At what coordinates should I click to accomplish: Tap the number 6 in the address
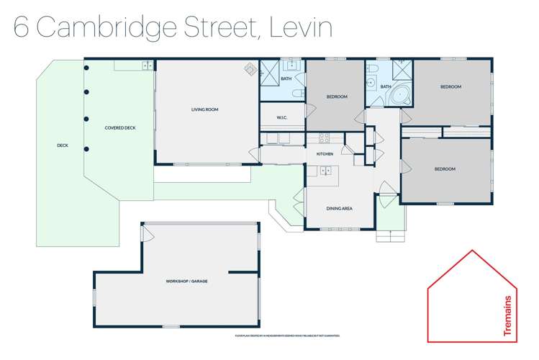pos(23,29)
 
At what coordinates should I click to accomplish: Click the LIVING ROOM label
pos(204,110)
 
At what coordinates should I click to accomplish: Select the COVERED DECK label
pos(120,128)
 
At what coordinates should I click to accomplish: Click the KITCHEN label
pos(324,155)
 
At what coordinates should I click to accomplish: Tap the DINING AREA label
pos(339,209)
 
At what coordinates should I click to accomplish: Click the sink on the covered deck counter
pos(147,66)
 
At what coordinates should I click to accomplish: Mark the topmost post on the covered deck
pos(86,68)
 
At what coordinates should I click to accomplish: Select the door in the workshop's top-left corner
pos(146,233)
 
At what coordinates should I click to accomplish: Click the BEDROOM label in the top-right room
pos(450,86)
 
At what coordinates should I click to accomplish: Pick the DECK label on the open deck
pos(63,145)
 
